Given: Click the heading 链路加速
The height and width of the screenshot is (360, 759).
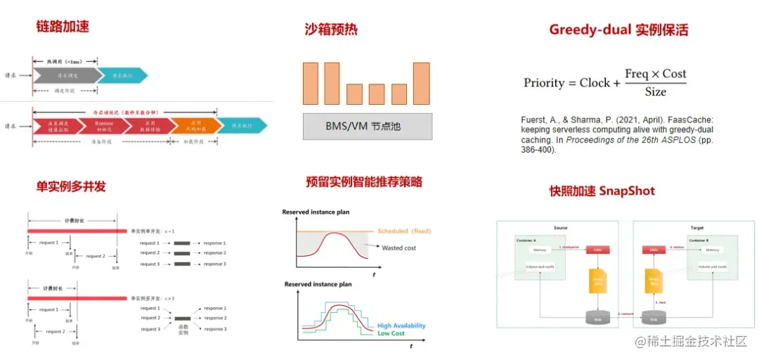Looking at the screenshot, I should click(x=63, y=27).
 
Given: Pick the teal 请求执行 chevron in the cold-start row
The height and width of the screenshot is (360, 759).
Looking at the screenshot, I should click(x=240, y=126).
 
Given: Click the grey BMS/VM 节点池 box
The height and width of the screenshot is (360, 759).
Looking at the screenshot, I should click(x=366, y=127).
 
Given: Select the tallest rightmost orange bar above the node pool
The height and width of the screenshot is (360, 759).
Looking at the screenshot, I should click(x=421, y=83).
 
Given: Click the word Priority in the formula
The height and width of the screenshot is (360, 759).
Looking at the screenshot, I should click(x=544, y=83).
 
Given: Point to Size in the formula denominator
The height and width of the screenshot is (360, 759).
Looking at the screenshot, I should click(x=655, y=92).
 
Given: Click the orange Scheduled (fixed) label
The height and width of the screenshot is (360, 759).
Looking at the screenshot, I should click(x=404, y=231).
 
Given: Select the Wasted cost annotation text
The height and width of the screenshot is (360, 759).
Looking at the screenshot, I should click(x=399, y=248).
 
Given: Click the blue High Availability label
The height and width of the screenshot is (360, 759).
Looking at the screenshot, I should click(x=401, y=326).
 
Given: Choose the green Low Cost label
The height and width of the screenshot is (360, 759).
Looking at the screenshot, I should click(x=391, y=333).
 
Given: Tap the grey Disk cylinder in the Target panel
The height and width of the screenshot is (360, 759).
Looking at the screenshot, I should click(x=658, y=317).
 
